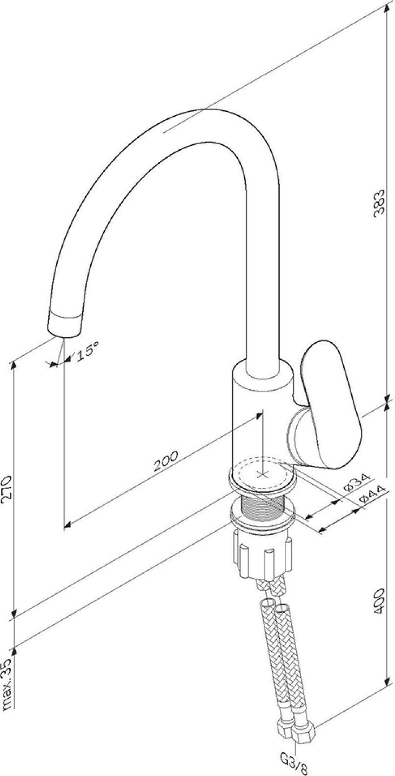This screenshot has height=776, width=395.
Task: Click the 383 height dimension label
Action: (x=379, y=203)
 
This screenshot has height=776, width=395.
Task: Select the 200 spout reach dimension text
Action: (x=166, y=461)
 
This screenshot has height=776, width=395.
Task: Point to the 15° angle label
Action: (x=88, y=351)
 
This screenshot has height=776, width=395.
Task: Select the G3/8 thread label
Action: (x=295, y=768)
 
